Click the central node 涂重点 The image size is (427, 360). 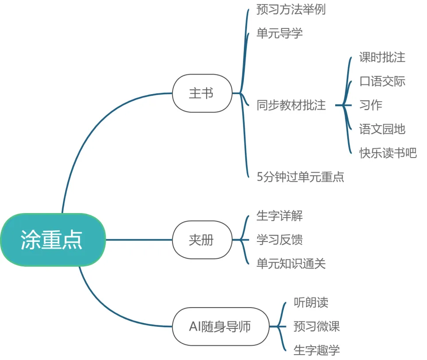pos(53,240)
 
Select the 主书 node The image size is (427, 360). pos(202,93)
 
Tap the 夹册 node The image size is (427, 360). pos(202,240)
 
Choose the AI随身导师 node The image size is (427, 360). pos(220,326)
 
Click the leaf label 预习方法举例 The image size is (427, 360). pos(291,9)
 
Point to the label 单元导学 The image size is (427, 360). pos(279,33)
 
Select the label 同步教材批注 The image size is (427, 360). pos(291,105)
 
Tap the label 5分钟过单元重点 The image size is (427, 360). pos(300,177)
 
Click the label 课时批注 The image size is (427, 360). pos(382,57)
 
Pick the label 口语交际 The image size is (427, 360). pos(382,81)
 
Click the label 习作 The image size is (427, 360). pos(371,105)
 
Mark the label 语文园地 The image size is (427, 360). pos(382,129)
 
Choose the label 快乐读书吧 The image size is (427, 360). pos(388,153)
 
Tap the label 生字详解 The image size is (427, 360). pos(279,216)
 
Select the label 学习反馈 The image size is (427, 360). pos(279,240)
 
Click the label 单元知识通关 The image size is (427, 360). pos(291,264)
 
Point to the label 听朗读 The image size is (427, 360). pos(311,302)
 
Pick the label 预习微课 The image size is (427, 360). pos(317,326)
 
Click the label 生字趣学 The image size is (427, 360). pos(317,350)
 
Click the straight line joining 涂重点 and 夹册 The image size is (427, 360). pos(139,240)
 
